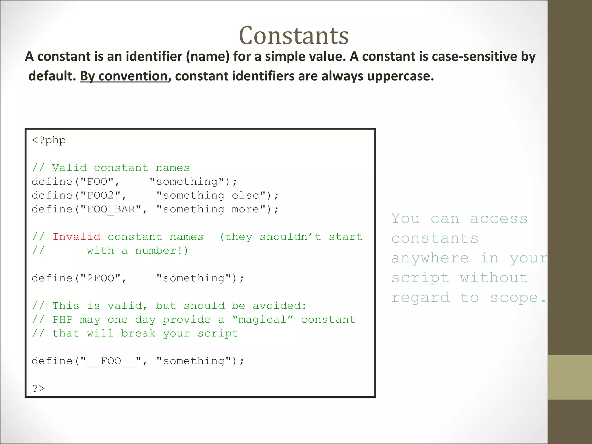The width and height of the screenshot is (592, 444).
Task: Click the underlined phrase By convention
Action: pyautogui.click(x=124, y=76)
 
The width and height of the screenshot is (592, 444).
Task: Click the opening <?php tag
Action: pyautogui.click(x=49, y=140)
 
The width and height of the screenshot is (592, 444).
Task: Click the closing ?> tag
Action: pyautogui.click(x=38, y=388)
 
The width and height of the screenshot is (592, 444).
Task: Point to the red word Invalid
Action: pyautogui.click(x=76, y=237)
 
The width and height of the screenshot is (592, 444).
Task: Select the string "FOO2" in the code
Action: pyautogui.click(x=100, y=195)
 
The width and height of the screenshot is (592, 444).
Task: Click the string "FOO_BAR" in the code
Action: pyautogui.click(x=111, y=209)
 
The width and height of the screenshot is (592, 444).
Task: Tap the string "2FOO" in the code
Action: pyautogui.click(x=100, y=278)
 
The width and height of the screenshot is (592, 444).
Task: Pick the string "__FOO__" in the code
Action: pyautogui.click(x=111, y=361)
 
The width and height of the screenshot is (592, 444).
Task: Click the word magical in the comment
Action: pyautogui.click(x=262, y=320)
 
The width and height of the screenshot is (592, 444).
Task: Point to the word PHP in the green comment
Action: pyautogui.click(x=62, y=320)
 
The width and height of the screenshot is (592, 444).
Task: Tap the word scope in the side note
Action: pyautogui.click(x=514, y=297)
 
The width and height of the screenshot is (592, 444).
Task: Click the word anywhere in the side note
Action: pyautogui.click(x=430, y=258)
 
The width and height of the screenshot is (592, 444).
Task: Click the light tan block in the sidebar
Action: pyautogui.click(x=569, y=377)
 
